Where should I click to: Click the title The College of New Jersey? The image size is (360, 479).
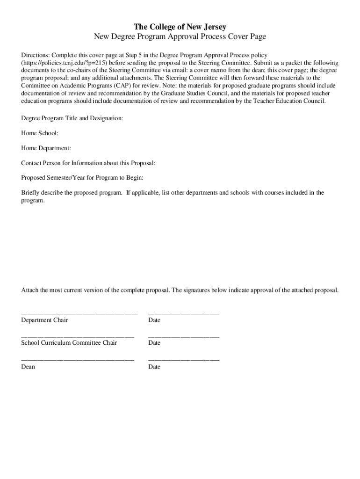point(180,27)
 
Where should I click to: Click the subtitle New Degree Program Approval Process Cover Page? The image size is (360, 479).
point(180,36)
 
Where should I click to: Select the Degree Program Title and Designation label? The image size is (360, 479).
point(72,118)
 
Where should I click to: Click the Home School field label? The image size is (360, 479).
point(40,133)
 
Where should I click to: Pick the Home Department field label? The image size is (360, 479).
point(46,148)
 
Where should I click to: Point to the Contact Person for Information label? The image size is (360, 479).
point(88,163)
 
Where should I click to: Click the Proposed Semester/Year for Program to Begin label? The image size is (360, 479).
point(82,178)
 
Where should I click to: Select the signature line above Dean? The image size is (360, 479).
point(78,360)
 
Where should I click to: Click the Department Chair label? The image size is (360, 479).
point(44,320)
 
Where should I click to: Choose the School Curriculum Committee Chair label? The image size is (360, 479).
point(69,343)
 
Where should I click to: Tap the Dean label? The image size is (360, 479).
point(28,367)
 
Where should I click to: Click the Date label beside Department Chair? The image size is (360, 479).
point(154,320)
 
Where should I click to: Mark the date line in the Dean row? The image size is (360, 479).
point(184,360)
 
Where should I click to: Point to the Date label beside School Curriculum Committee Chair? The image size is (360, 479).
point(154,343)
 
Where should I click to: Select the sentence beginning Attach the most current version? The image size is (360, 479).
point(180,290)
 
